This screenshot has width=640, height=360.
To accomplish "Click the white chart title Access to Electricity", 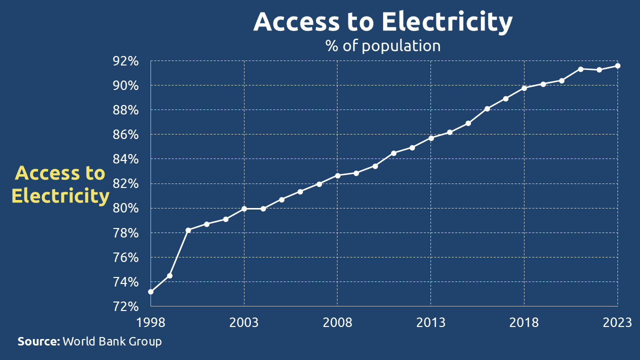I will pyautogui.click(x=383, y=22).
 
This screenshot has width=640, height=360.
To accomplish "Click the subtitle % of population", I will pyautogui.click(x=383, y=46).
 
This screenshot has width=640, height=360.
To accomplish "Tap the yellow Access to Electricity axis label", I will pyautogui.click(x=60, y=184).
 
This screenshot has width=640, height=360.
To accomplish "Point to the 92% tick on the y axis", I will pyautogui.click(x=125, y=61).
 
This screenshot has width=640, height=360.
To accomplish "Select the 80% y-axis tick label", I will pyautogui.click(x=125, y=208).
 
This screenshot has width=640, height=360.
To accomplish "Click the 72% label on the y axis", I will pyautogui.click(x=125, y=306).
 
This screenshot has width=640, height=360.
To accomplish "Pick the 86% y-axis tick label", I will pyautogui.click(x=125, y=135).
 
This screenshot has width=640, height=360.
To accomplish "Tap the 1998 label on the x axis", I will pyautogui.click(x=150, y=322).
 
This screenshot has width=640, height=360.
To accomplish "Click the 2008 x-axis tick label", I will pyautogui.click(x=337, y=322).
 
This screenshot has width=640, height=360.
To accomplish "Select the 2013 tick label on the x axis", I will pyautogui.click(x=431, y=322).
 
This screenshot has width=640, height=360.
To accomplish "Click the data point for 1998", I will pyautogui.click(x=150, y=292).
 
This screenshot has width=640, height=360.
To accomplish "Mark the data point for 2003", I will pyautogui.click(x=244, y=208).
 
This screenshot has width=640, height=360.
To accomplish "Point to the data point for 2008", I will pyautogui.click(x=337, y=175).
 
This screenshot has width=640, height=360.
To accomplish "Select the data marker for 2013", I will pyautogui.click(x=431, y=138).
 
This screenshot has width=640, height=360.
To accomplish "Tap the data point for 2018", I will pyautogui.click(x=524, y=88).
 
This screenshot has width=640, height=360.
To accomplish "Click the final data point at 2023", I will pyautogui.click(x=618, y=65).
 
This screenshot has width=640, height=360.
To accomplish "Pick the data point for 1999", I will pyautogui.click(x=169, y=275).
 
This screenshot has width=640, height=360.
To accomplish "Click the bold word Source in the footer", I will pyautogui.click(x=38, y=342).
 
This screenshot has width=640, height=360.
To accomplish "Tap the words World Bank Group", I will pyautogui.click(x=112, y=342).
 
